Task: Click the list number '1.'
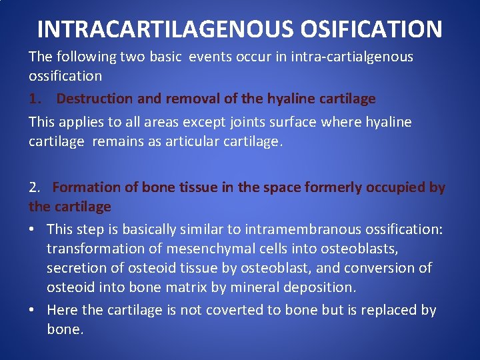[x=36, y=99]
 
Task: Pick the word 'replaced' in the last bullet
[x=393, y=310]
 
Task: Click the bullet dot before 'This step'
[x=33, y=229]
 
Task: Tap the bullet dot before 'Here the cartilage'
[x=33, y=310]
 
